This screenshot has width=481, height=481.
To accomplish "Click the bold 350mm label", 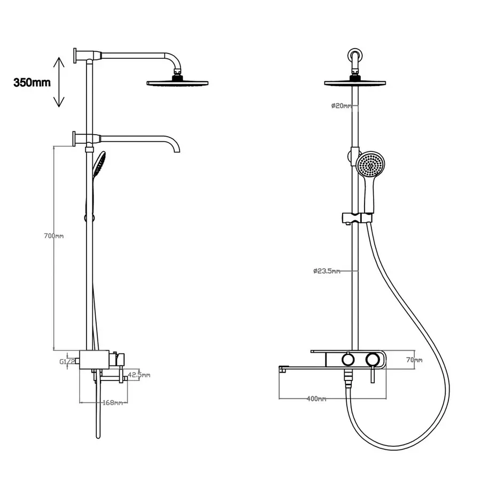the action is pos(32,82).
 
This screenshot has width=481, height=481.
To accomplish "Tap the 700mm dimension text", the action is pos(54,236).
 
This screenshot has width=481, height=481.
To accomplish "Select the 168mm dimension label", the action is pos(113,402).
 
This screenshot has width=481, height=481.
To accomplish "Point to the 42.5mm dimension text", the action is pos(139,375).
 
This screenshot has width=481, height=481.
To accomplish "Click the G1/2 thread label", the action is pos(67,362).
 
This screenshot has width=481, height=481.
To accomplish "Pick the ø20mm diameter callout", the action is pos(342,106).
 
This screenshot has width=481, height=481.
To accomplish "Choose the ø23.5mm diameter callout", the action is pos(327,271).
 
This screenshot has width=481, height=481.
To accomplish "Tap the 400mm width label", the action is pos(316,399).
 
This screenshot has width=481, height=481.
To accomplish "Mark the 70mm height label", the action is pos(414,360).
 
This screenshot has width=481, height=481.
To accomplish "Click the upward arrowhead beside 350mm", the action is pos(59,63).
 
